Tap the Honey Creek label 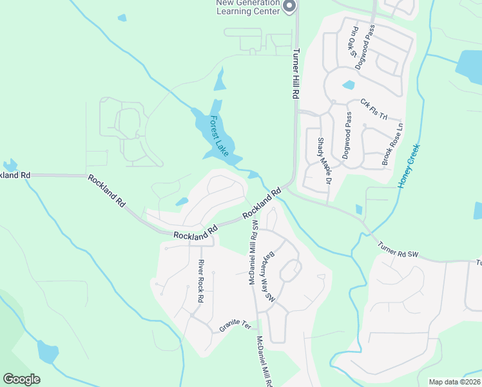410,166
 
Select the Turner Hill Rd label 296,74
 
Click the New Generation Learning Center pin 289,6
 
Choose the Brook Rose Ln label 392,144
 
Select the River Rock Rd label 200,281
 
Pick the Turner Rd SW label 398,251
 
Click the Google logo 21,379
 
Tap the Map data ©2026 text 454,382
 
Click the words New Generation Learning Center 248,6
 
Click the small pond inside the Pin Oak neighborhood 349,84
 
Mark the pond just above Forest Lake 220,80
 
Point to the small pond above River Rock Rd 182,202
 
